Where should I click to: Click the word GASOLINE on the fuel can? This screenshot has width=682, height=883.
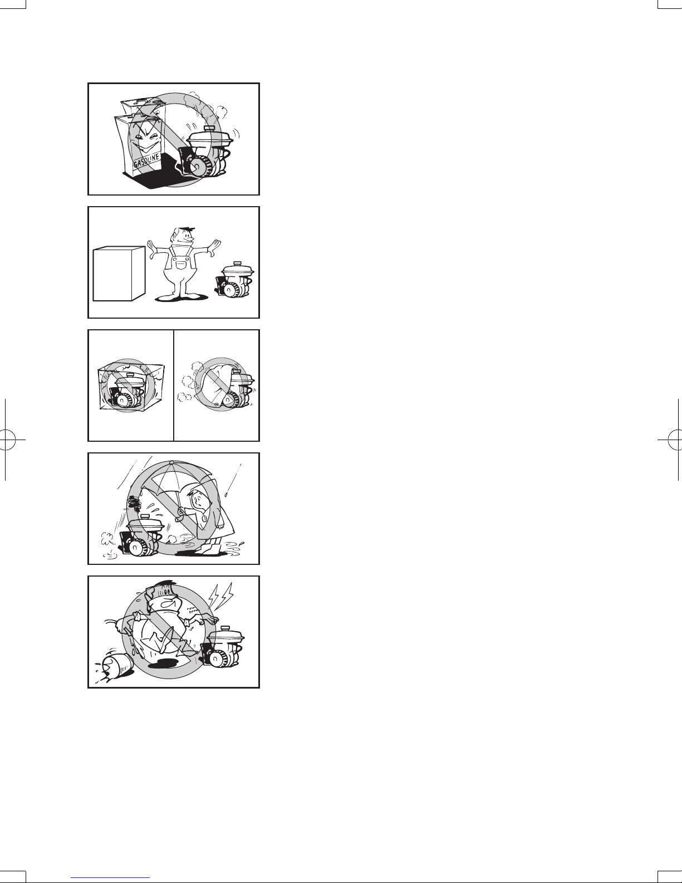147,162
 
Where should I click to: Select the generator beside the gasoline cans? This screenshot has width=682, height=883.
209,153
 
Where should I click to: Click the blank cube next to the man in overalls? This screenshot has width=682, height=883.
119,274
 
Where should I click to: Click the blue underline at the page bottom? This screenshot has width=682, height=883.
110,877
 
